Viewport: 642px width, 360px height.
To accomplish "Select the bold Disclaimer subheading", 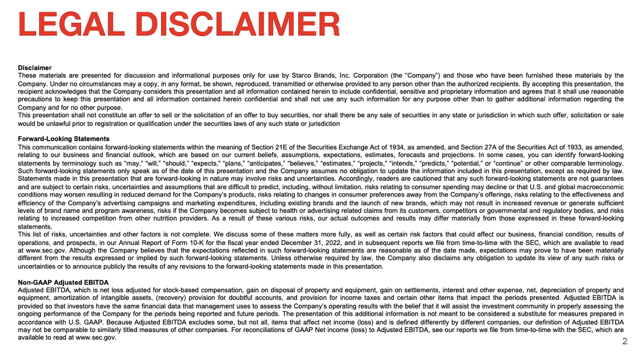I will [x=34, y=68].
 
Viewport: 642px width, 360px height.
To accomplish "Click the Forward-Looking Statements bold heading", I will [x=64, y=139].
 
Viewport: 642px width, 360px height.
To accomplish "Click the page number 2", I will [x=624, y=341].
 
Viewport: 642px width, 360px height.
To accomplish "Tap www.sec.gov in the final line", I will [x=96, y=337].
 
